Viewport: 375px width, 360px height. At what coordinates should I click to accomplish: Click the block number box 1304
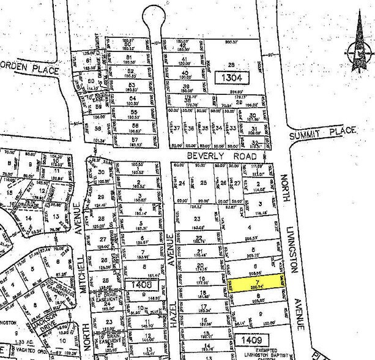(x=232, y=78)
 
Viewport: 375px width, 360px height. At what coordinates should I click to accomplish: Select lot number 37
(x=177, y=129)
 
